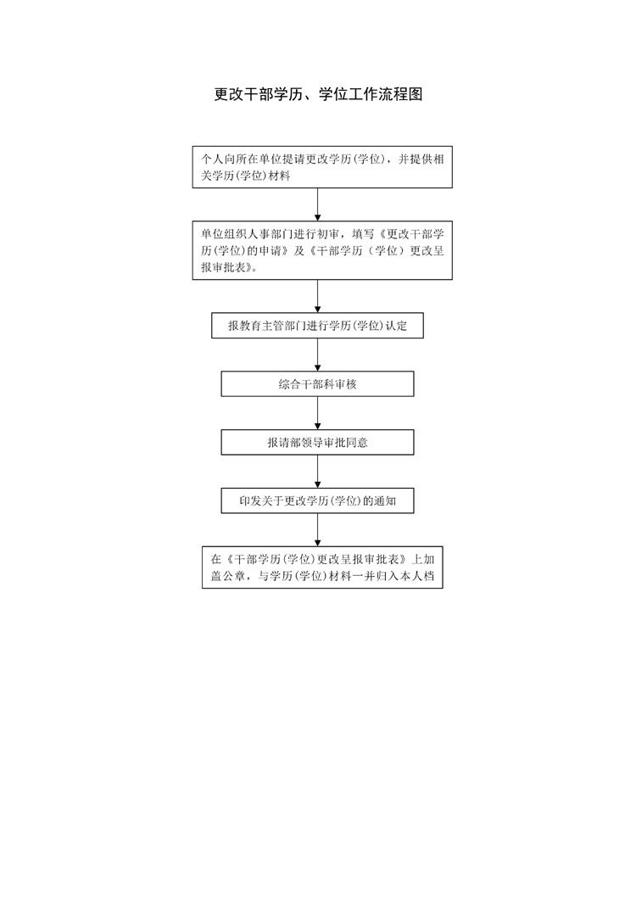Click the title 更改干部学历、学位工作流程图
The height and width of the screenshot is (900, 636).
pyautogui.click(x=318, y=94)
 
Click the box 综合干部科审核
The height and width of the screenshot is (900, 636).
pyautogui.click(x=317, y=383)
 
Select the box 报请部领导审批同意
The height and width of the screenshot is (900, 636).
pyautogui.click(x=317, y=442)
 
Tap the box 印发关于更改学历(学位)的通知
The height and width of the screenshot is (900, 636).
pyautogui.click(x=317, y=500)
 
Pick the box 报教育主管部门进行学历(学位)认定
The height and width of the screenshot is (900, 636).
pyautogui.click(x=317, y=326)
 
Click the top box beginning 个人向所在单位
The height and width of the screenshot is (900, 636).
pyautogui.click(x=322, y=167)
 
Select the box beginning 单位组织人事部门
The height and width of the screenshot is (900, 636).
pyautogui.click(x=322, y=250)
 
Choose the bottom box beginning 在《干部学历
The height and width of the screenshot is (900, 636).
pyautogui.click(x=322, y=567)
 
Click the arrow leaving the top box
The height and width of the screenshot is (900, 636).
pyautogui.click(x=317, y=204)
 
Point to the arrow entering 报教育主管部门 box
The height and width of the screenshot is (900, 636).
pyautogui.click(x=317, y=296)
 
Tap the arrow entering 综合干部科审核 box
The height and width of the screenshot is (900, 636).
pyautogui.click(x=317, y=355)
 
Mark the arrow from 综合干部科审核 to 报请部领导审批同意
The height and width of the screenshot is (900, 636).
pyautogui.click(x=317, y=413)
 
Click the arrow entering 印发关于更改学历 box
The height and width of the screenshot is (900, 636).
pyautogui.click(x=317, y=472)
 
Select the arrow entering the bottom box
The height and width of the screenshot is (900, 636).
pyautogui.click(x=317, y=530)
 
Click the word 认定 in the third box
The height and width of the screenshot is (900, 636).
pyautogui.click(x=396, y=326)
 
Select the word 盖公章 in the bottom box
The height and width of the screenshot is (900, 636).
pyautogui.click(x=227, y=576)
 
